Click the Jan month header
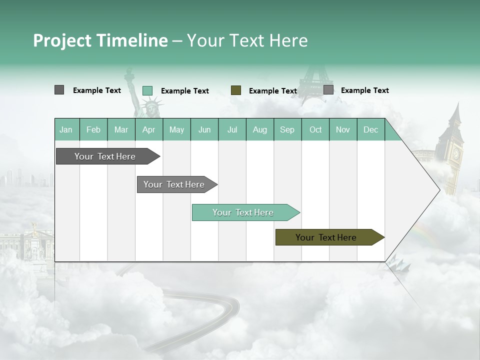pyautogui.click(x=66, y=129)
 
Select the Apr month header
pyautogui.click(x=148, y=129)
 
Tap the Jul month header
pyautogui.click(x=232, y=129)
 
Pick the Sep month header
pyautogui.click(x=287, y=129)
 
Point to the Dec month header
pyautogui.click(x=370, y=129)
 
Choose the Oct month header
pyautogui.click(x=315, y=129)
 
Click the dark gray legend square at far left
pyautogui.click(x=59, y=90)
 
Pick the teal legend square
pyautogui.click(x=147, y=90)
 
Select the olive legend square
pyautogui.click(x=236, y=90)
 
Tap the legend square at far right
pyautogui.click(x=328, y=90)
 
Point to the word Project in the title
pyautogui.click(x=62, y=40)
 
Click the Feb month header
pyautogui.click(x=93, y=129)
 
